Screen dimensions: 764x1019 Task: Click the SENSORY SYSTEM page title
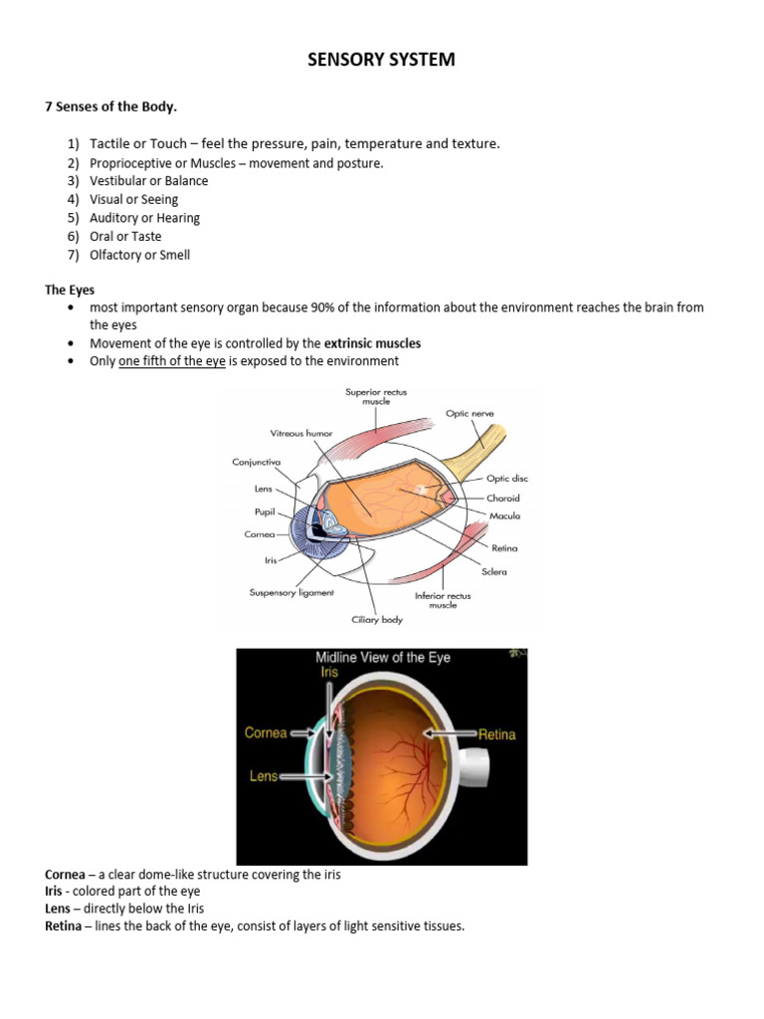[x=381, y=60]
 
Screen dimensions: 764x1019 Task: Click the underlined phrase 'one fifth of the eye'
[x=172, y=361]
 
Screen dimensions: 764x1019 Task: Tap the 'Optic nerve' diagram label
[x=470, y=413]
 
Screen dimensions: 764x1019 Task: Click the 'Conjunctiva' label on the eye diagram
[x=257, y=462]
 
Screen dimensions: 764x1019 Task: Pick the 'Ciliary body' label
[x=375, y=619]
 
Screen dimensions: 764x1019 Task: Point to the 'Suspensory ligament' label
[x=291, y=592]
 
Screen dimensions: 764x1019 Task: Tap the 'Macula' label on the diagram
[x=504, y=515]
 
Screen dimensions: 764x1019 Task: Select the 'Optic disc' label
[x=507, y=479]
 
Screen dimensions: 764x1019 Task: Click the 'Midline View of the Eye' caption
[x=383, y=658]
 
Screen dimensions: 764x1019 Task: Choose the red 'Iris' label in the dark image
[x=329, y=673]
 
